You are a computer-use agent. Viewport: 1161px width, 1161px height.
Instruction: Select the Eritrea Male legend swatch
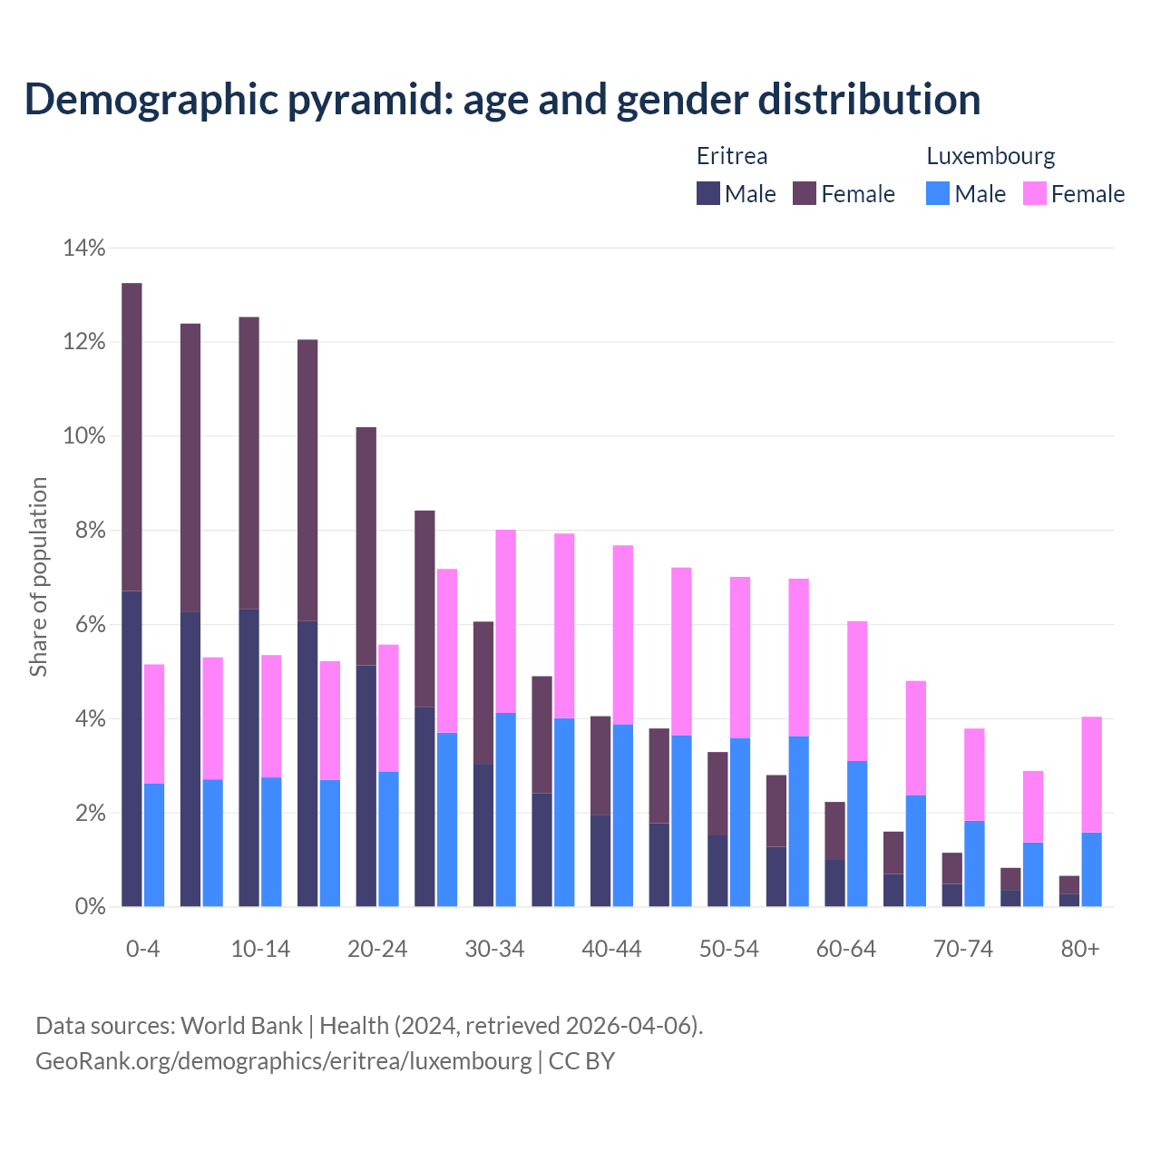click(708, 193)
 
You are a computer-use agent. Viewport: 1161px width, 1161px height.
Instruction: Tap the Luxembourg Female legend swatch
click(1035, 193)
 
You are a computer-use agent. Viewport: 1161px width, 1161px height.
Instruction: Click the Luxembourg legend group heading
click(990, 156)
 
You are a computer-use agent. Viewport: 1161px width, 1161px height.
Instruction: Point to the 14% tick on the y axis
click(83, 248)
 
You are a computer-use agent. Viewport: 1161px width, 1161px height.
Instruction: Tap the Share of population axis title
click(38, 577)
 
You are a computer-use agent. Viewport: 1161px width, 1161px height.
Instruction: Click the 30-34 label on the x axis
click(494, 949)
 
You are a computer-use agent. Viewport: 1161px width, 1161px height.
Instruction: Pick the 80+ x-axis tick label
click(1080, 949)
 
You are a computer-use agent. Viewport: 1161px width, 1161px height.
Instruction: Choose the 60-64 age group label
click(846, 949)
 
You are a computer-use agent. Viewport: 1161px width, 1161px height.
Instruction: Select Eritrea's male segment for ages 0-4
click(132, 748)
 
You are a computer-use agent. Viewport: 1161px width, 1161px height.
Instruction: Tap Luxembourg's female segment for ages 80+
click(1092, 775)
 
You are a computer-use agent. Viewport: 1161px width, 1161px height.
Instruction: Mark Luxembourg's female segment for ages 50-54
click(740, 658)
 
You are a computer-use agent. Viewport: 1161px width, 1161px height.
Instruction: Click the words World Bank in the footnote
click(241, 1026)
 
